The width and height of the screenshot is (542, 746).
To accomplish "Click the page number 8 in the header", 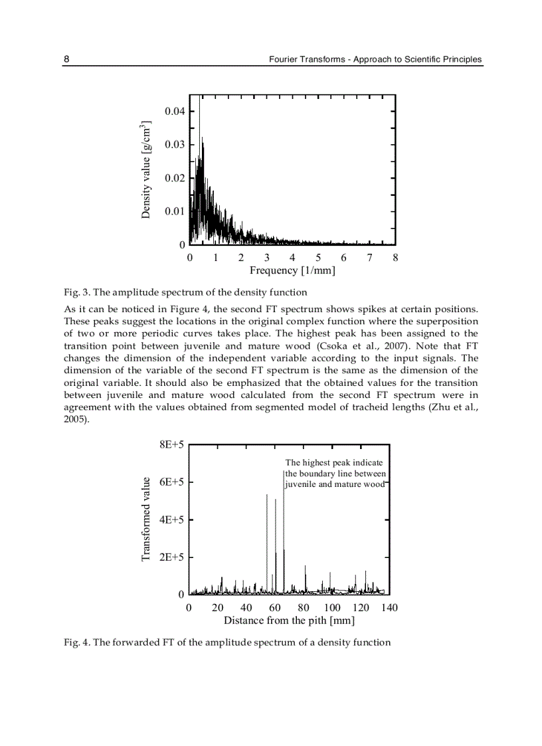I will coord(66,59).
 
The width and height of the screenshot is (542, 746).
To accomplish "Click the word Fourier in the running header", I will coord(284,59).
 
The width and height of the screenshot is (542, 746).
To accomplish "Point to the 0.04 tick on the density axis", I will coord(175,111).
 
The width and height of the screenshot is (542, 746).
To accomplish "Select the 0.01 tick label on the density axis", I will coord(175,211).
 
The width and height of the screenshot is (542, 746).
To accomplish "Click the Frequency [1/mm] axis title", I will coord(292,270).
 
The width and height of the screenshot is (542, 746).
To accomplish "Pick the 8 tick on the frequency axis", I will coord(395,258).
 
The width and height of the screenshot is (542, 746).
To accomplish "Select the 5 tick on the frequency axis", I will coord(318,258).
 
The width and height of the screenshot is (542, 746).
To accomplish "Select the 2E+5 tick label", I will coord(171,557).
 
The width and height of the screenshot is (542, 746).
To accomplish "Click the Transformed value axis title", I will coord(147,519).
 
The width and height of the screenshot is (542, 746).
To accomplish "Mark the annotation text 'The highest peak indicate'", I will coord(334,462).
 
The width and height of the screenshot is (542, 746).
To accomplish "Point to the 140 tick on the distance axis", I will coord(389,607).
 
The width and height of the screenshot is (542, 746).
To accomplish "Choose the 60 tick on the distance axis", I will coord(275,607).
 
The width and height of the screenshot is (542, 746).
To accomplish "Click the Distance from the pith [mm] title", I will coord(289,620).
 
